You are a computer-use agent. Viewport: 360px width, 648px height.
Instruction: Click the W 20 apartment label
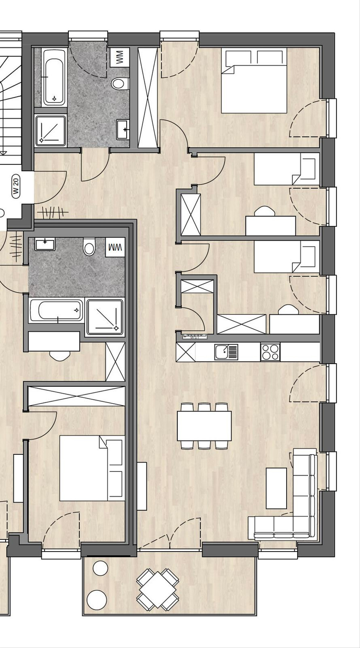tap(16, 186)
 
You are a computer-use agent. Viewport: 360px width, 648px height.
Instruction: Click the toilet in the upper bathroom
tap(120, 83)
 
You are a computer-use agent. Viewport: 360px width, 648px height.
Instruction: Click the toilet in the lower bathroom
tap(89, 247)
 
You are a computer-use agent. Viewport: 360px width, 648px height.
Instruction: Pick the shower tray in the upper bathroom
tap(51, 130)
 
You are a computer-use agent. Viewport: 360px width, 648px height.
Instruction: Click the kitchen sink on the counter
tap(226, 352)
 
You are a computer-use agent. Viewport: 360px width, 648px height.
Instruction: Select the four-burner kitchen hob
tap(270, 352)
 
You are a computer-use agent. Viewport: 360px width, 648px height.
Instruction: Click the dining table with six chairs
tap(204, 426)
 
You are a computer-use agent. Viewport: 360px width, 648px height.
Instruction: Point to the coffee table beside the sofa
tap(276, 488)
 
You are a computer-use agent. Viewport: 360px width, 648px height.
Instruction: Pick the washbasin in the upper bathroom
tap(123, 130)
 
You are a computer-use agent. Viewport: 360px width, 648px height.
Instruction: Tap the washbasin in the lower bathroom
tap(45, 244)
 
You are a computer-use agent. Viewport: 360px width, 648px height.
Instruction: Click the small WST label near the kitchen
tap(195, 337)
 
